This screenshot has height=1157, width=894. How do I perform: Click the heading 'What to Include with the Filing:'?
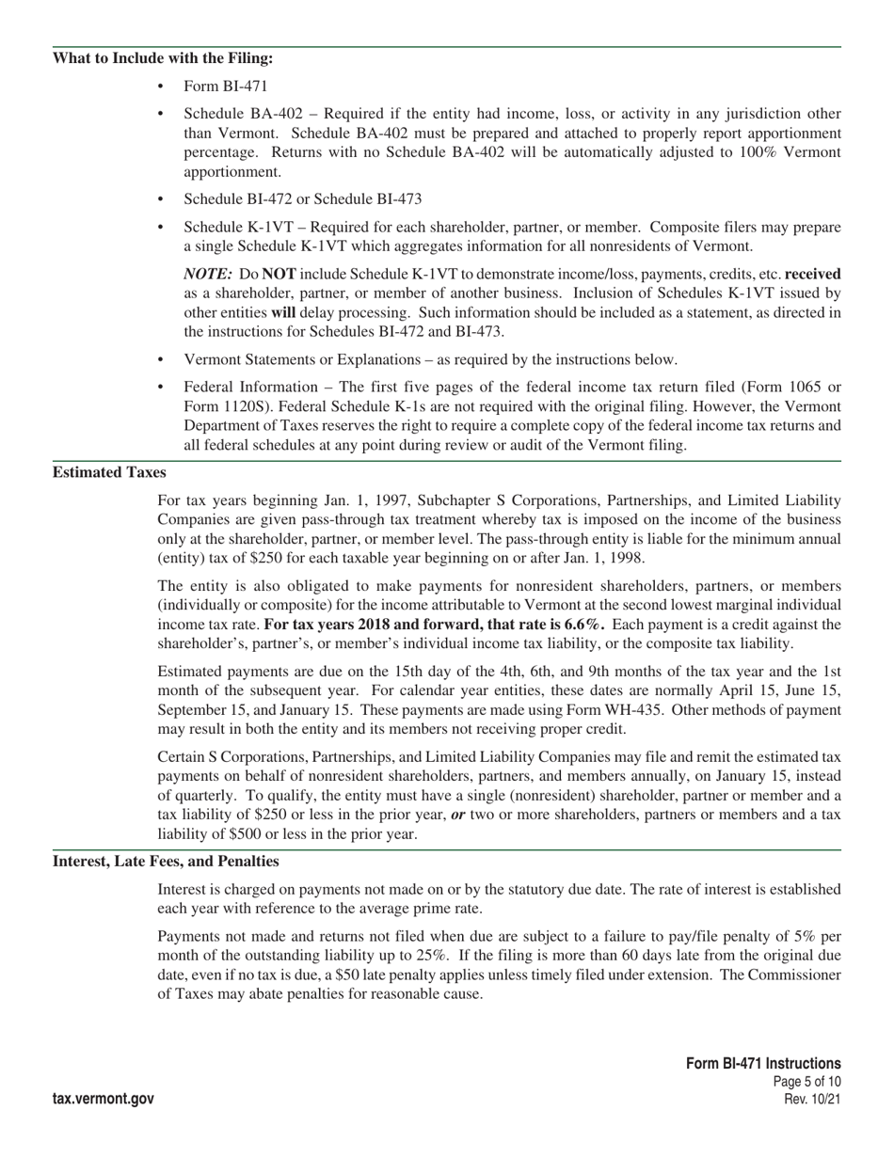163,58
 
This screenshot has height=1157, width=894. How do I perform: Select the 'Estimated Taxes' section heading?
109,472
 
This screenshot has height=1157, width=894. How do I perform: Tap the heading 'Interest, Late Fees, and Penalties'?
166,861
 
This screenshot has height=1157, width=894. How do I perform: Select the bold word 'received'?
813,274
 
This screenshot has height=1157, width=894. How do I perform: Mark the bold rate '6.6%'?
583,625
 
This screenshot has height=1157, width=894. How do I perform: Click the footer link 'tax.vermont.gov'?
104,1099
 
